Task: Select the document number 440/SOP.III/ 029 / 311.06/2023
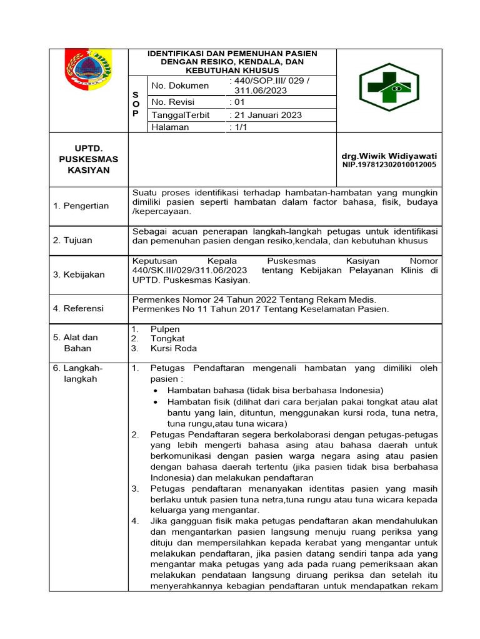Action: pyautogui.click(x=269, y=85)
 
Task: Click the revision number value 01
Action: pyautogui.click(x=237, y=102)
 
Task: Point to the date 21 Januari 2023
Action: pyautogui.click(x=266, y=115)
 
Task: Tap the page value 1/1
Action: pyautogui.click(x=238, y=127)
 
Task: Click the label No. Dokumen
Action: pyautogui.click(x=177, y=85)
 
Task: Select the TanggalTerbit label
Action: pyautogui.click(x=181, y=115)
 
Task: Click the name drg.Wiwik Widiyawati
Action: pyautogui.click(x=389, y=155)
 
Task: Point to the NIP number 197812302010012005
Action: pyautogui.click(x=389, y=165)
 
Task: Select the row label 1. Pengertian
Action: pyautogui.click(x=81, y=206)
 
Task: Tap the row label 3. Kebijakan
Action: pyautogui.click(x=79, y=275)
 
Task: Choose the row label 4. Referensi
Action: pyautogui.click(x=79, y=308)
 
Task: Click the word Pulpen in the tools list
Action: pyautogui.click(x=165, y=329)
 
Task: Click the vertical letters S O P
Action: pyautogui.click(x=136, y=103)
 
